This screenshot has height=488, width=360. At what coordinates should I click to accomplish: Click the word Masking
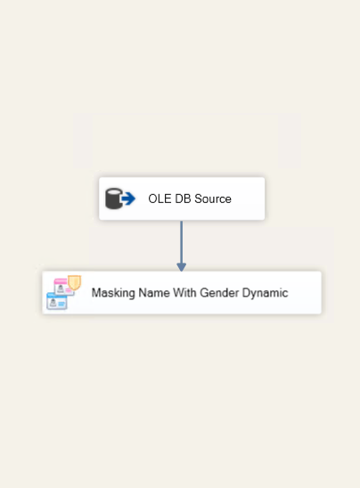tap(113, 293)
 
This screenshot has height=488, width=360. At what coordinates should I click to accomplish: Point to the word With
tap(184, 293)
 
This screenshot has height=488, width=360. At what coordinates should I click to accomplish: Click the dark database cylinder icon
tap(114, 199)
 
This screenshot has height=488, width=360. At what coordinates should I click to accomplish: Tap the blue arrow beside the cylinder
tap(128, 199)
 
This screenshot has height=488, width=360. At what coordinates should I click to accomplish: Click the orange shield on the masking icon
tap(75, 282)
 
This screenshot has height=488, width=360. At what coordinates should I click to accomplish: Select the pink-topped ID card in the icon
tap(63, 287)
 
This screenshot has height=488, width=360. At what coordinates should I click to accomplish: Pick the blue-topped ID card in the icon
tap(57, 301)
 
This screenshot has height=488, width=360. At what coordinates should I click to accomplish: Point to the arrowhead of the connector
tap(182, 267)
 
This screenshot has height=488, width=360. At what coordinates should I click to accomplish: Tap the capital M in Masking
tap(95, 293)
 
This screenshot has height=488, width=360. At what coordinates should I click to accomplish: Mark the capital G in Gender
tap(204, 293)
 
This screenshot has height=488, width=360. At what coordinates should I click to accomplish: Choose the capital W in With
tap(178, 293)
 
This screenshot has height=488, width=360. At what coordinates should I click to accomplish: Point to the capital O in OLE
tap(152, 199)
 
